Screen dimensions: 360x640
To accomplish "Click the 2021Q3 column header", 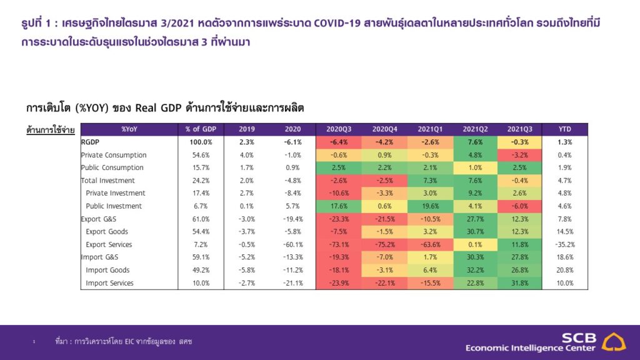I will click(x=516, y=129).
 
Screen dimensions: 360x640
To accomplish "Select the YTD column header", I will click(x=565, y=129).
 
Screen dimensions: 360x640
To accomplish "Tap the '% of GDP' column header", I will click(x=201, y=129).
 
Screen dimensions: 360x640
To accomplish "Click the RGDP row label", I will click(x=91, y=142).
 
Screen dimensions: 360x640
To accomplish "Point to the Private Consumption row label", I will click(x=114, y=155).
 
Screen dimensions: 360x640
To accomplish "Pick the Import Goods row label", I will click(x=107, y=270).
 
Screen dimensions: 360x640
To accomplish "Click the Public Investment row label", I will click(x=114, y=206).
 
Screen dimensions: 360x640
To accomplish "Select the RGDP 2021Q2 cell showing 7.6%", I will click(x=471, y=142).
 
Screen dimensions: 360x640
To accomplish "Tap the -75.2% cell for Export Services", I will click(x=381, y=244).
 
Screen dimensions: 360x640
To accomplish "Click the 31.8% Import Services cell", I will click(x=516, y=283).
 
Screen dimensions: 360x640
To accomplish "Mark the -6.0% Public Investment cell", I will click(x=516, y=206).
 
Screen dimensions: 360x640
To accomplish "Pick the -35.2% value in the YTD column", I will click(x=565, y=244).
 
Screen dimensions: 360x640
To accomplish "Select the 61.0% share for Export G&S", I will click(x=201, y=219).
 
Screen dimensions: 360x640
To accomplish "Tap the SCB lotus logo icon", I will click(x=614, y=342).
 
